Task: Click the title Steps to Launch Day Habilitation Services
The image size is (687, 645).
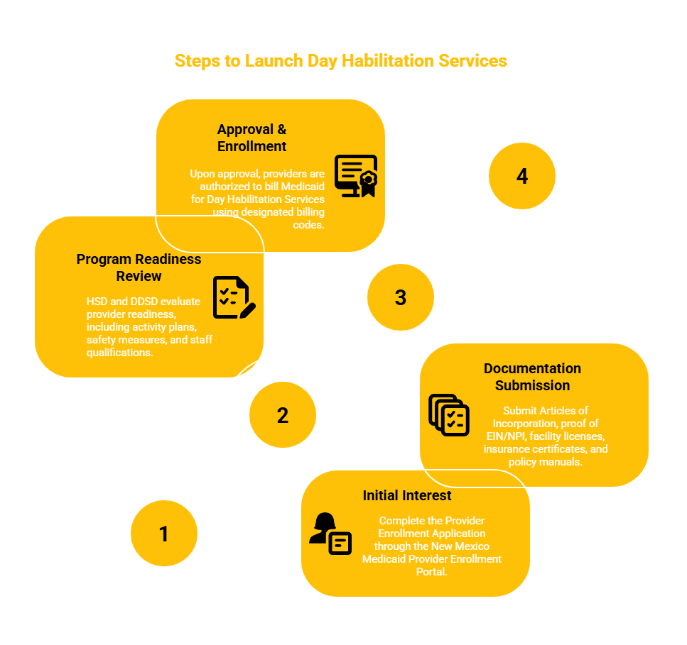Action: coord(341,61)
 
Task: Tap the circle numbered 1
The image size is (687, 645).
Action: coord(164,534)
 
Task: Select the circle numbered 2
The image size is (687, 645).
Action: coord(283,415)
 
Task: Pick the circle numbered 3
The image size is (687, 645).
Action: coord(401,297)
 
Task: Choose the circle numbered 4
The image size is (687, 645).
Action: coord(522,176)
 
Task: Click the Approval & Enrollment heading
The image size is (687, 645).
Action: coord(252,138)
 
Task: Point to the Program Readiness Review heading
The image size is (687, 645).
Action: coord(139,268)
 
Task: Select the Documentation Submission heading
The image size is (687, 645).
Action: coord(532,377)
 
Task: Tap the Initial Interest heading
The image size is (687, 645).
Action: coord(407,495)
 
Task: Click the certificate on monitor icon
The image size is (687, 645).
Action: coord(356,176)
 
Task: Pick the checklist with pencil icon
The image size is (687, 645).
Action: coord(234,297)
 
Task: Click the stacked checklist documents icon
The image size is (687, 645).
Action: coord(449,415)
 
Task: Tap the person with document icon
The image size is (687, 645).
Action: coord(330,534)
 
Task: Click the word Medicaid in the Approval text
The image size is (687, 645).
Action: coord(303,187)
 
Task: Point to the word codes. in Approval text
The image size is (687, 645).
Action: coord(309,225)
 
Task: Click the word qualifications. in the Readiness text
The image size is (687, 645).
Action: coord(119,353)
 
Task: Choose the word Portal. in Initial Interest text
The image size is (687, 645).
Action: coord(431,572)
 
